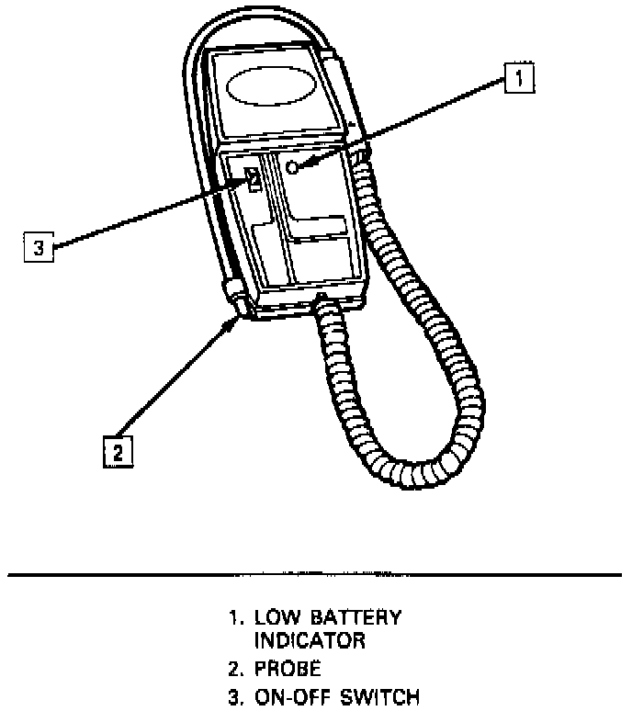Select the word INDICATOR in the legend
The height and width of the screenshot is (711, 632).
(x=310, y=640)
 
